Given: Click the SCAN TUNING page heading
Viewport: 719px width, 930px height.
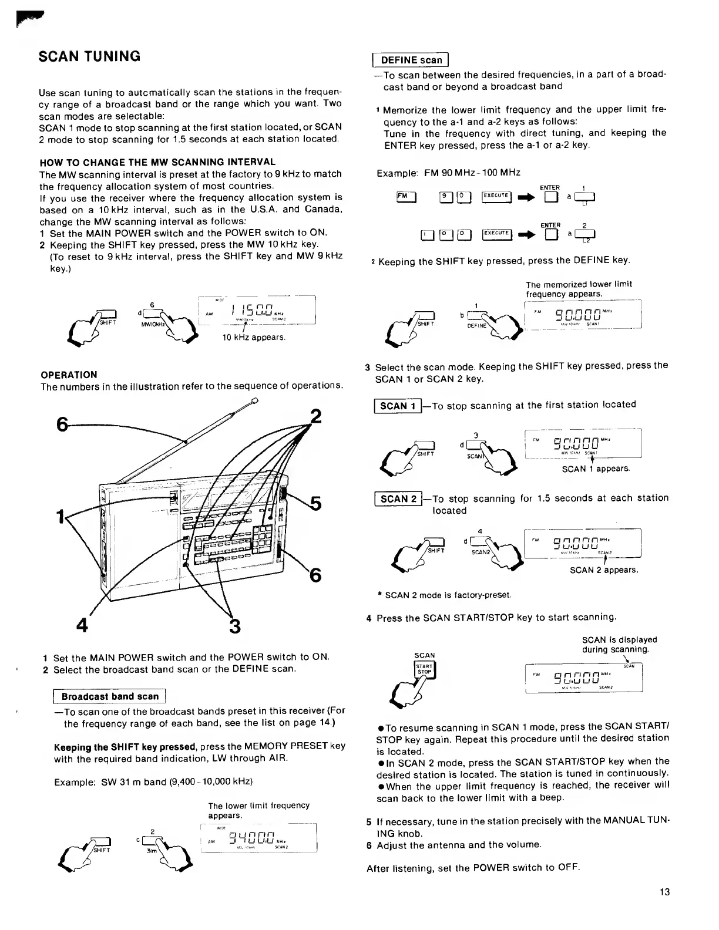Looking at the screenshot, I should click(x=89, y=57).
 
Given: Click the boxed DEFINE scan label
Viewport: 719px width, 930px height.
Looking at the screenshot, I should click(x=411, y=60).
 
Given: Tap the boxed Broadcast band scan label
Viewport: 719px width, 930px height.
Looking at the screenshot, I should click(x=110, y=696).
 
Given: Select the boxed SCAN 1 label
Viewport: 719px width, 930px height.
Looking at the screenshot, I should click(x=398, y=406).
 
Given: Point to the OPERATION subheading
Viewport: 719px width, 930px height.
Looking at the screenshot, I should click(x=69, y=375).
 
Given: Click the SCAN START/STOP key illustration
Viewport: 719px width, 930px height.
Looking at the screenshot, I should click(x=424, y=670).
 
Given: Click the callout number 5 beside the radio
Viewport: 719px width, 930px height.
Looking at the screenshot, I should click(x=315, y=504).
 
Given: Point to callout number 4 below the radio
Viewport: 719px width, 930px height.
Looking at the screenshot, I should click(x=82, y=624).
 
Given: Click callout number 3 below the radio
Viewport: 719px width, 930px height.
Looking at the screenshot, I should click(x=234, y=626).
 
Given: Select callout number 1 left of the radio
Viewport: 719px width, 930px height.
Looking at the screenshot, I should click(x=59, y=517).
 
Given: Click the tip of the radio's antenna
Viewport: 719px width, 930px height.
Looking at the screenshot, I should click(x=254, y=402).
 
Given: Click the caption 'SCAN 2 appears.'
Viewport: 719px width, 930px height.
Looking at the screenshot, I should click(x=604, y=570).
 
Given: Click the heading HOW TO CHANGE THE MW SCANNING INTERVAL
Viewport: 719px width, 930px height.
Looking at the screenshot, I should click(x=157, y=162).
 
